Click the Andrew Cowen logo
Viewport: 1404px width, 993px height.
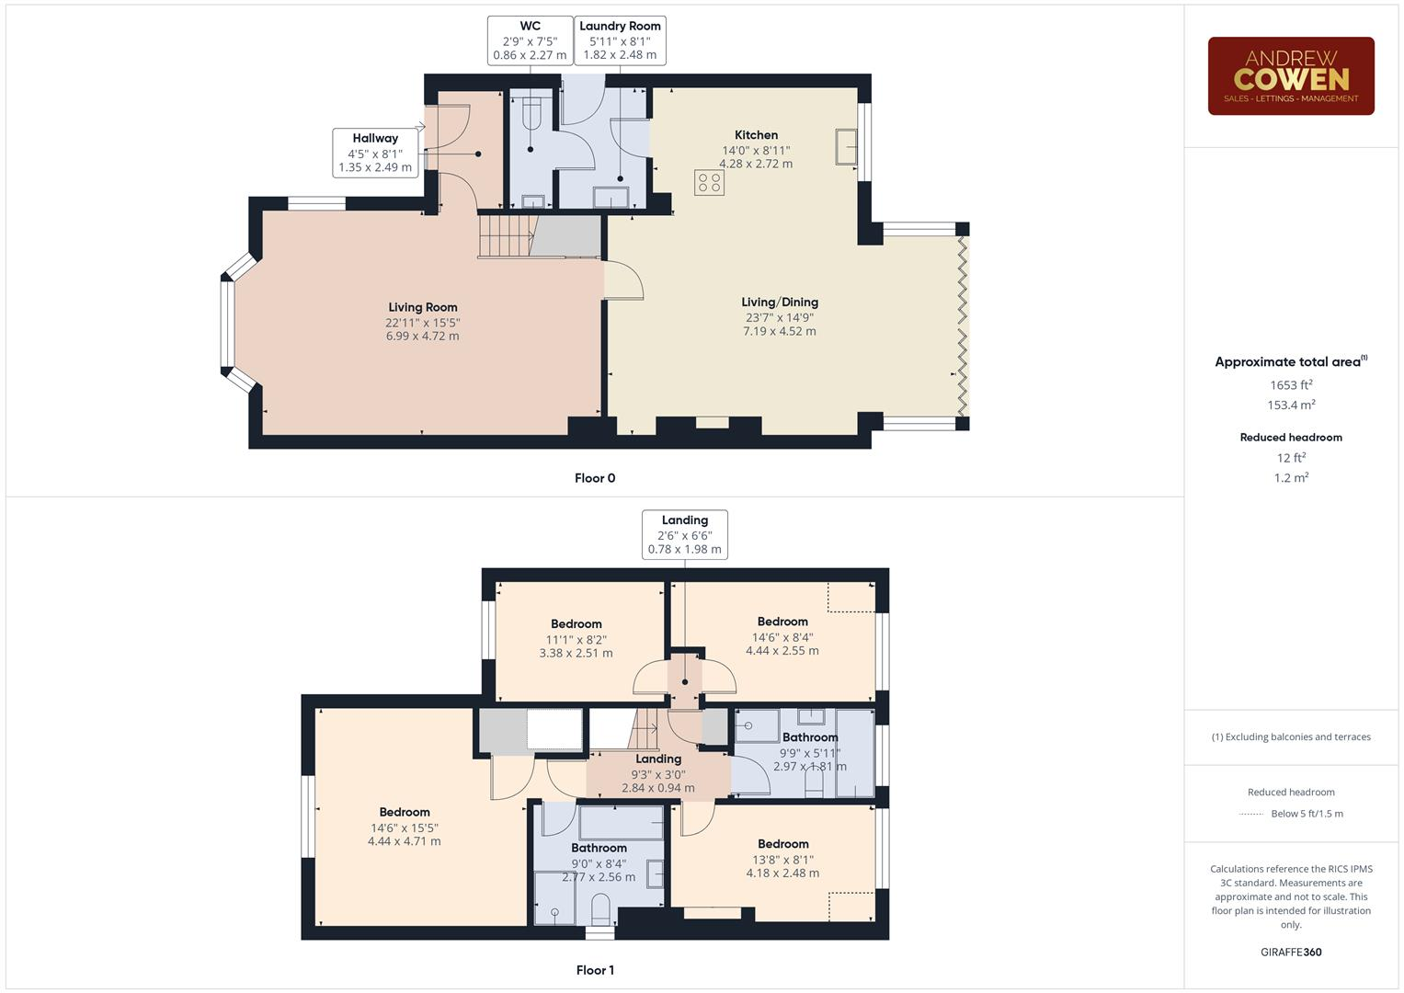pyautogui.click(x=1290, y=76)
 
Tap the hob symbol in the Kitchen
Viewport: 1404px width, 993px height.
pyautogui.click(x=709, y=182)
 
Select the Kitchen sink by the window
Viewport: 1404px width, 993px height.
pyautogui.click(x=846, y=147)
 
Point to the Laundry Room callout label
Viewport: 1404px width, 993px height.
pyautogui.click(x=620, y=40)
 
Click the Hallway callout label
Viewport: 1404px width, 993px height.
pyautogui.click(x=375, y=153)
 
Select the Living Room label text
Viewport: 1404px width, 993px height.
pyautogui.click(x=422, y=307)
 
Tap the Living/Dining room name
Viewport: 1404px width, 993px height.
pyautogui.click(x=780, y=302)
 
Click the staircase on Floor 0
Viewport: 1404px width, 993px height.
pyautogui.click(x=506, y=235)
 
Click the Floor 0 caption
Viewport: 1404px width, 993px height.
pyautogui.click(x=595, y=478)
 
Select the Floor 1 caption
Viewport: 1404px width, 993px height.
pyautogui.click(x=595, y=970)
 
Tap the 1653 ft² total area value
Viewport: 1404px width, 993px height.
pyautogui.click(x=1291, y=385)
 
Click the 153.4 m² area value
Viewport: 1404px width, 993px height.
pyautogui.click(x=1291, y=405)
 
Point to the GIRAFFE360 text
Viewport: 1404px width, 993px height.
pyautogui.click(x=1291, y=952)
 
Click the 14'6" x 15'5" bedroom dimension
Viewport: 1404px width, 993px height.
pyautogui.click(x=405, y=827)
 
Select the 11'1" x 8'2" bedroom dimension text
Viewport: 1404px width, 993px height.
pyautogui.click(x=576, y=639)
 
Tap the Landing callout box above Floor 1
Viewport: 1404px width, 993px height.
pyautogui.click(x=685, y=534)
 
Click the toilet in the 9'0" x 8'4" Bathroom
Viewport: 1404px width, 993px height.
pyautogui.click(x=601, y=910)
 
